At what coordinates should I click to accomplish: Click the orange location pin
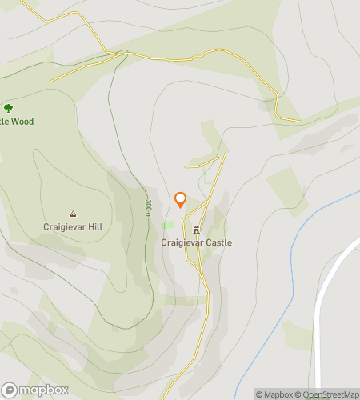pos(180,200)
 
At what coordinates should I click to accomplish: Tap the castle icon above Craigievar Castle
pos(196,230)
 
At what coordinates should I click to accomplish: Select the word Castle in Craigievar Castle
pos(217,242)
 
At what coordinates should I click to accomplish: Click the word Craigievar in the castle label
pos(181,242)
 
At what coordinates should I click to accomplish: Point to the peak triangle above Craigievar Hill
pos(73,214)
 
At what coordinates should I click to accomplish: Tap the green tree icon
pos(8,108)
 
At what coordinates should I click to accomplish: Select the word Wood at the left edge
pos(22,122)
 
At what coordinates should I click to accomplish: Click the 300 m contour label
pos(148,211)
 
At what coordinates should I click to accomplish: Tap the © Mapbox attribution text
pos(274,394)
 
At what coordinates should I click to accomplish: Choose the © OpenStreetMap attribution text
pos(327,394)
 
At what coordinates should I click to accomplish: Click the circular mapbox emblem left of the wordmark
pos(9,390)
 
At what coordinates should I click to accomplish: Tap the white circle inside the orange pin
pos(180,198)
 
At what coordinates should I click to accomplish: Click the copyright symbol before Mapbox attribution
pos(259,394)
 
